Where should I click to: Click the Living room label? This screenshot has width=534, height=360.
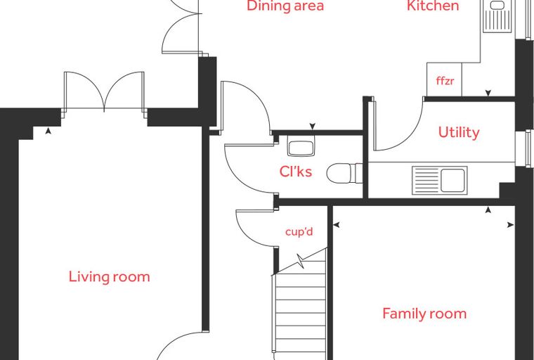(110, 276)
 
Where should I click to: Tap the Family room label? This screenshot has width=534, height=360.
(424, 314)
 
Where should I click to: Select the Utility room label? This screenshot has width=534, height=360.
(459, 132)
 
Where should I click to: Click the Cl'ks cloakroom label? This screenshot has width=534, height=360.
(296, 172)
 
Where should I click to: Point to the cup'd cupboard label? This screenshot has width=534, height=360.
(299, 232)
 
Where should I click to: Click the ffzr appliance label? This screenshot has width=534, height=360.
(445, 81)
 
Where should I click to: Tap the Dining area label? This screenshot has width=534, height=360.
(285, 6)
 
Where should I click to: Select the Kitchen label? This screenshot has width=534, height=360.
(433, 6)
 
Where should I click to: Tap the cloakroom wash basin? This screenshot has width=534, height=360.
(301, 146)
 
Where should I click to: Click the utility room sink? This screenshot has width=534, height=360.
(440, 180)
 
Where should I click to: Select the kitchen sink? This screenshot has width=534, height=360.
(497, 16)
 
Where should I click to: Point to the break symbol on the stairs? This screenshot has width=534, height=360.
(301, 261)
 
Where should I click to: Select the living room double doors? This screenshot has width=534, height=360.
(104, 91)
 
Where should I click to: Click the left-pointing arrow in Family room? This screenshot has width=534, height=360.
(337, 225)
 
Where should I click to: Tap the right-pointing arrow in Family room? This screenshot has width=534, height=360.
(511, 225)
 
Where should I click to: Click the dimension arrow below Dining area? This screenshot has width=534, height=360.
(313, 127)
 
